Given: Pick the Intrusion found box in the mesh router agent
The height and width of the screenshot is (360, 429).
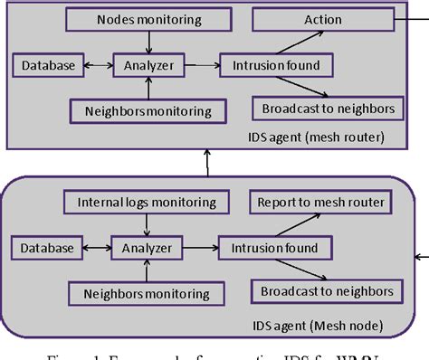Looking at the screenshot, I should (275, 64).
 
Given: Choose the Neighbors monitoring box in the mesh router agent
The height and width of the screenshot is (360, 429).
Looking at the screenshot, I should (148, 110).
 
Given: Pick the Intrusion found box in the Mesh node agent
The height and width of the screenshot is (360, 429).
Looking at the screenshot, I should (275, 247).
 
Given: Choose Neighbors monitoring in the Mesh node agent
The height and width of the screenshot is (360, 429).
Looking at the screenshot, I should (148, 293).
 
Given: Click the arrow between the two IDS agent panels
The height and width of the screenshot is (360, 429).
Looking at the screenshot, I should (207, 163).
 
